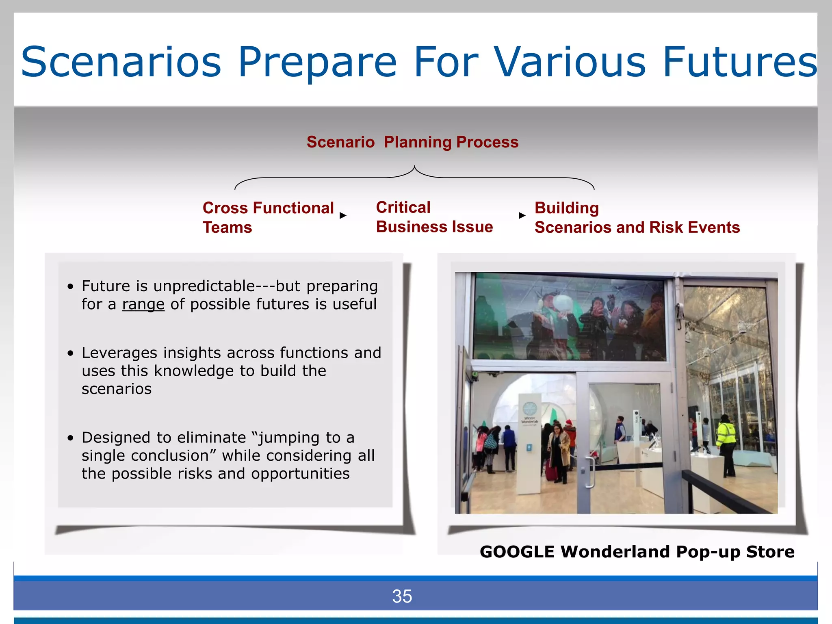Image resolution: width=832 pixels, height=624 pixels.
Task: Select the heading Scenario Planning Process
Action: point(412,142)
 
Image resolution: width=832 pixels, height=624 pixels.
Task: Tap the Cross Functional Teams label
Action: point(268,217)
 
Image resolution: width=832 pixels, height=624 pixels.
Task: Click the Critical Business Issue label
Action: point(434,217)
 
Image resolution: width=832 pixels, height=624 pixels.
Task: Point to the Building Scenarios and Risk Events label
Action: point(637,218)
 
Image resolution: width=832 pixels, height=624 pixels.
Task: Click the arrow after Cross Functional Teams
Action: point(343,215)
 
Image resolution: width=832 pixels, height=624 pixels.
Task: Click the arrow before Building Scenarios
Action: point(522,215)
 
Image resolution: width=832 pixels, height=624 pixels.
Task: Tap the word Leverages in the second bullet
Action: point(119,353)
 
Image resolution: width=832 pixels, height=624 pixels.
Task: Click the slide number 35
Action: point(402,596)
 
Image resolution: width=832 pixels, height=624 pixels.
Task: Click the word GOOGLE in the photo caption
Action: point(517,552)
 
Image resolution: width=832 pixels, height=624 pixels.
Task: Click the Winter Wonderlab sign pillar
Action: point(529,443)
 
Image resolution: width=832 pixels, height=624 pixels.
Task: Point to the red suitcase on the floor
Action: point(550,473)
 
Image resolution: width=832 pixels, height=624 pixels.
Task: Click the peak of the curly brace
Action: point(414,167)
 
